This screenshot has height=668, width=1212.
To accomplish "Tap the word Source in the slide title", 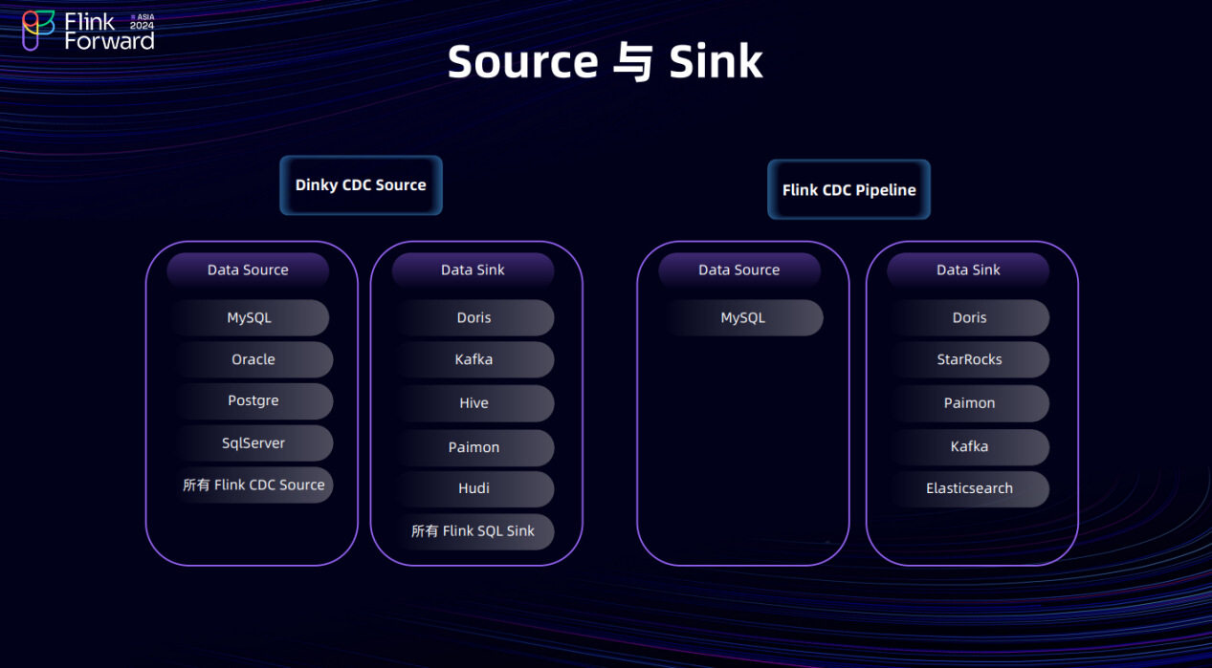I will tap(522, 62).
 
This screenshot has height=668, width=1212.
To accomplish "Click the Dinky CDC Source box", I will tap(361, 185).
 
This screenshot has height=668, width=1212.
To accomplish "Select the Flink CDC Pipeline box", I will tap(848, 189).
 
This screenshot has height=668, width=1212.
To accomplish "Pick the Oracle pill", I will tap(253, 359).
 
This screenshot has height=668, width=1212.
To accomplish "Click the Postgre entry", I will tap(253, 401).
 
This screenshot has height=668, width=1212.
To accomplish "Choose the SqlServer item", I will tap(253, 443).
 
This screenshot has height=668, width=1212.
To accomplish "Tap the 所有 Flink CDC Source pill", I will tap(253, 485).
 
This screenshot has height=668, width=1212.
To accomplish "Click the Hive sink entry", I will tap(474, 403).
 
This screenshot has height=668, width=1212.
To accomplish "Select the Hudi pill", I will tap(474, 488).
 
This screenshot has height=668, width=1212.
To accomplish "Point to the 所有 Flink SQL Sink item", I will tap(474, 531).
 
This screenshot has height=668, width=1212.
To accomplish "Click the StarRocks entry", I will tap(969, 360).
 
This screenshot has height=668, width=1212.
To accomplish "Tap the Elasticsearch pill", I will tap(969, 488).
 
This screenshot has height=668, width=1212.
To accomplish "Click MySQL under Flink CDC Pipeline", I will tap(742, 318).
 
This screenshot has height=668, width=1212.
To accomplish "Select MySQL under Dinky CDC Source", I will tap(250, 318).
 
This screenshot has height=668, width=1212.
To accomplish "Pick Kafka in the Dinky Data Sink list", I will tap(474, 360).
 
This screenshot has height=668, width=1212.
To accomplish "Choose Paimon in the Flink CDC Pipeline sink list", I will tap(969, 403).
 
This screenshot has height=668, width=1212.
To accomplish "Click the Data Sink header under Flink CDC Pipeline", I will tap(968, 270).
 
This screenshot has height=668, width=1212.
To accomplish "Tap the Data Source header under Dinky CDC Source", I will tap(248, 270).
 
